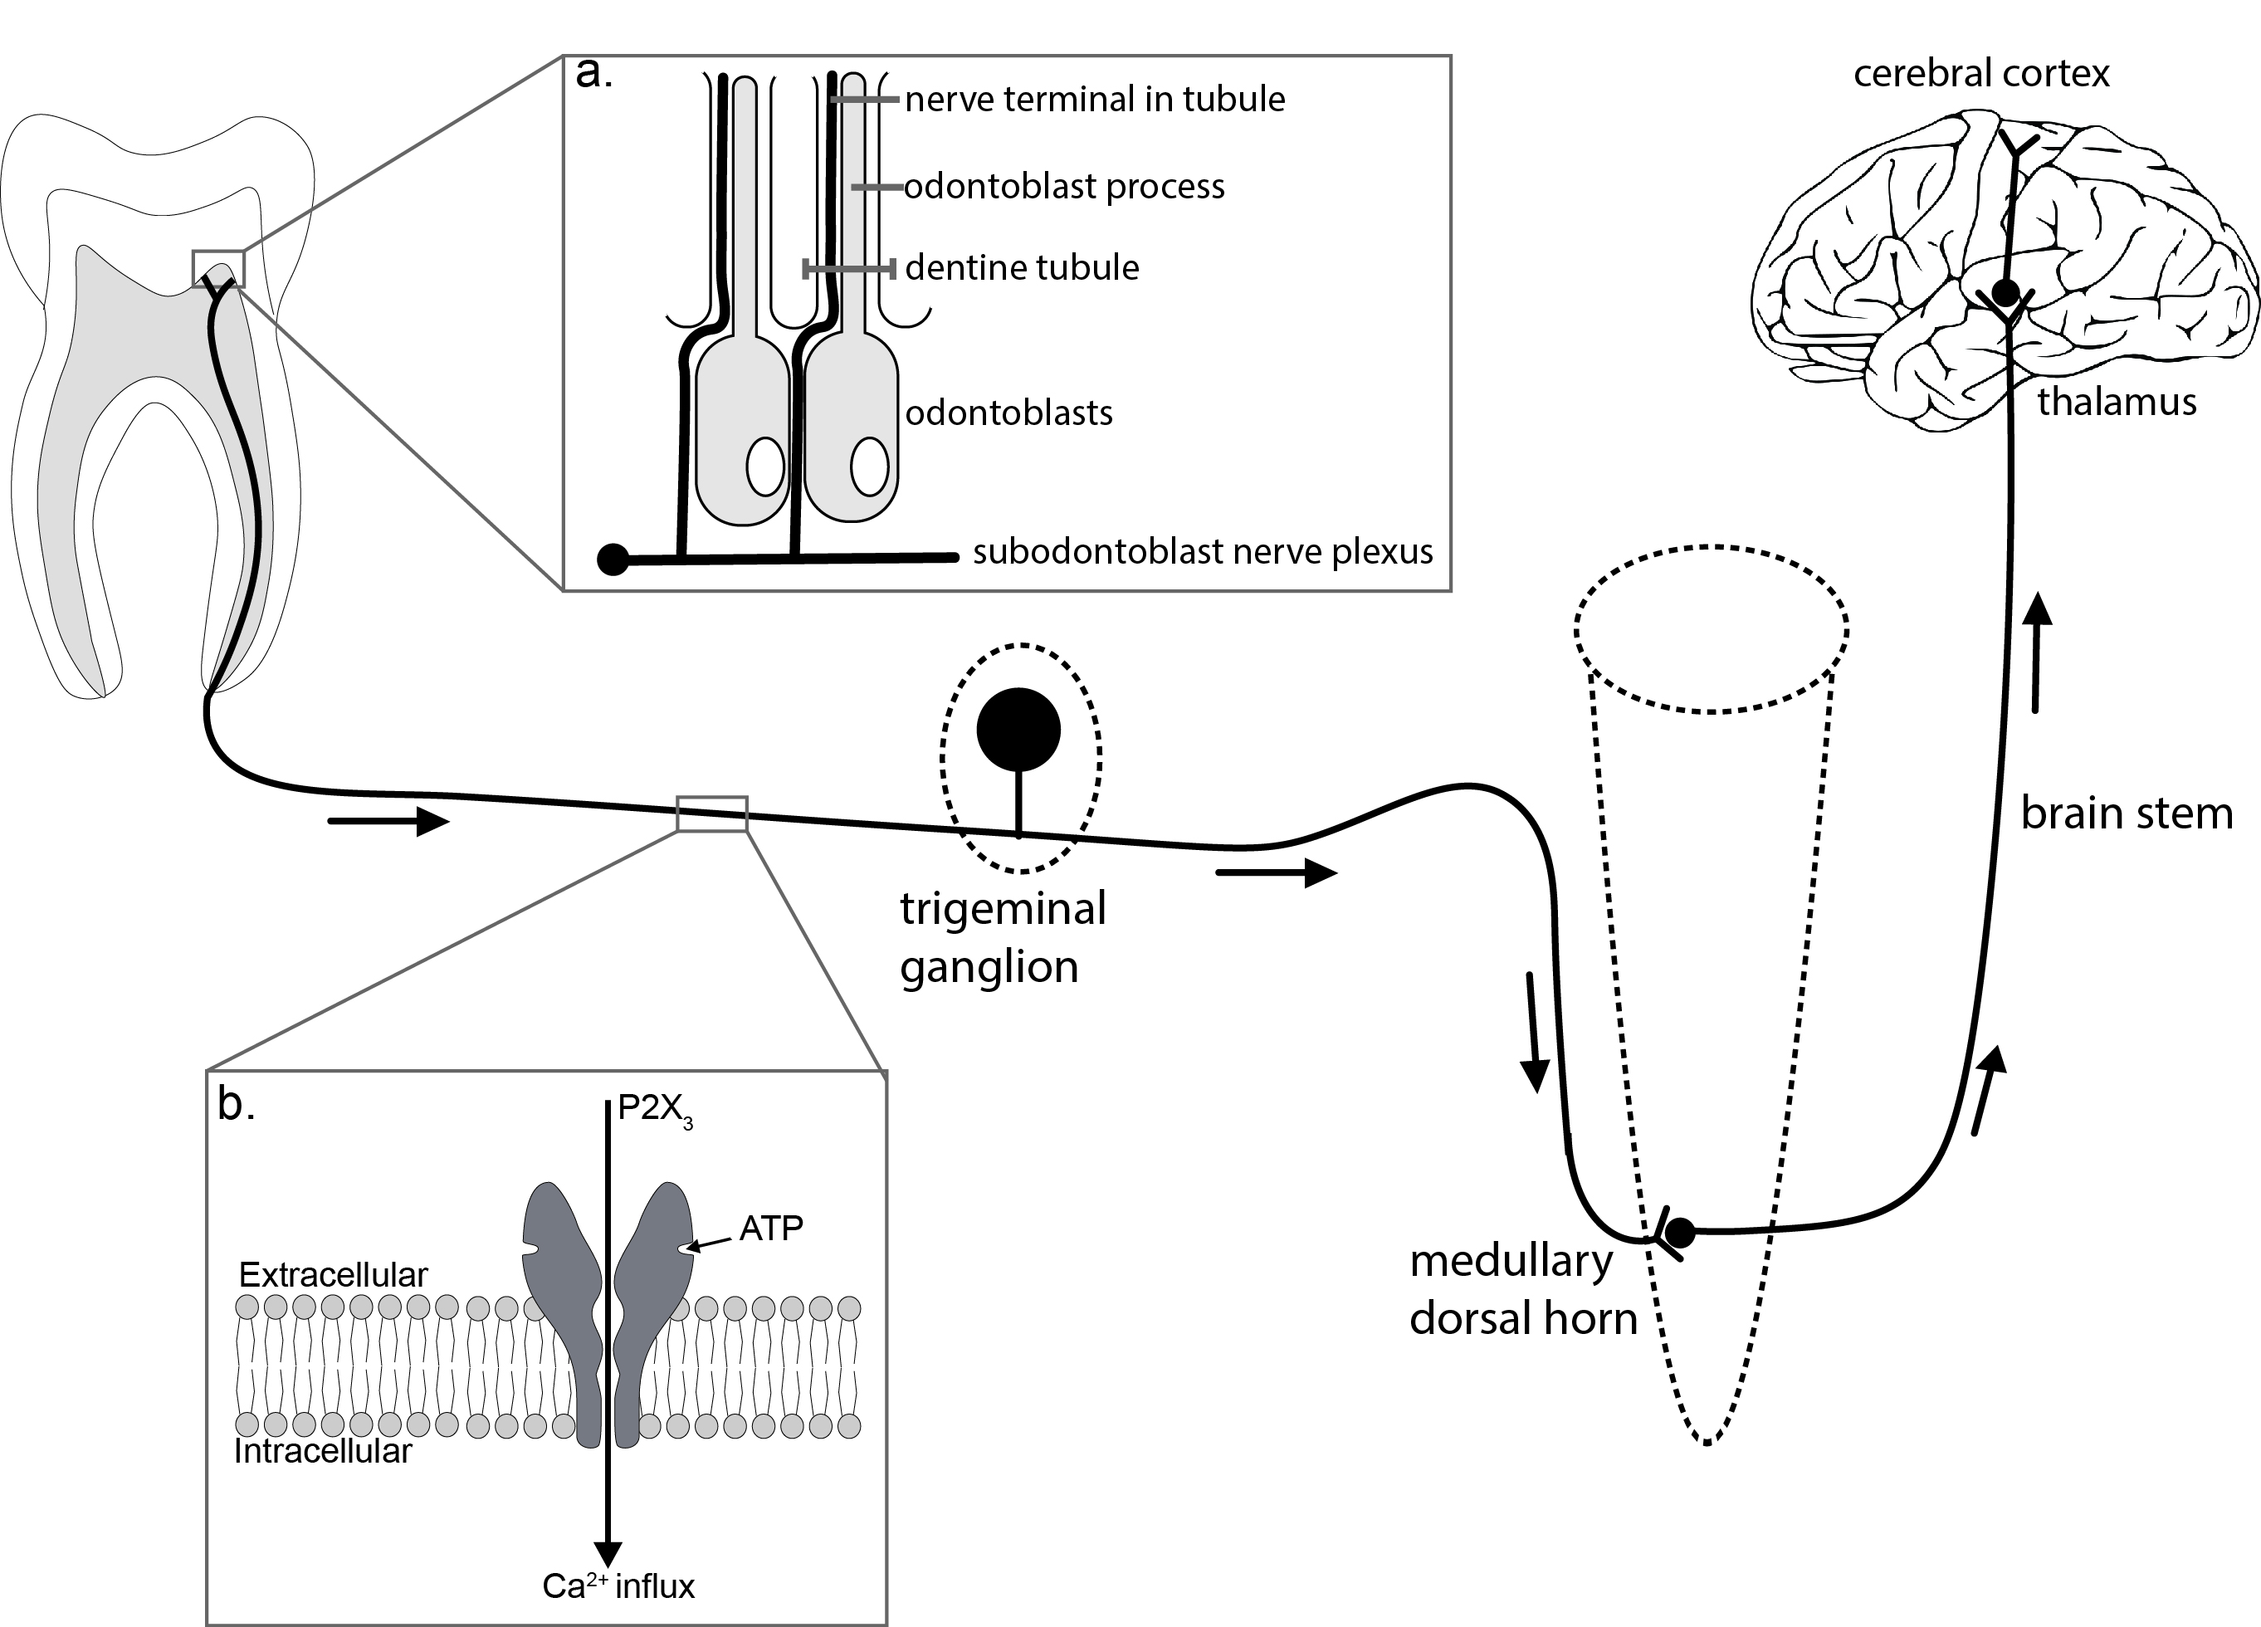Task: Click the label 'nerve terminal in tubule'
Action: coord(1095,100)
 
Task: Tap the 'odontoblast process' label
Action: coord(1064,187)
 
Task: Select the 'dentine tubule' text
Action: coord(1022,267)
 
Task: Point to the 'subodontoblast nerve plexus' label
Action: coord(1202,552)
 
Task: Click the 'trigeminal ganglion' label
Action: coord(1002,937)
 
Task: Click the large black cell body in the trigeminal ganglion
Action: coord(1018,730)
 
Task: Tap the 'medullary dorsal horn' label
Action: coord(1522,1290)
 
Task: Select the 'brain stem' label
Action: coord(2127,813)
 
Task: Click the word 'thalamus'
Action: coord(2117,402)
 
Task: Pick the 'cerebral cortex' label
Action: coord(1981,74)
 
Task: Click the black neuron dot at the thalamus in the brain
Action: coord(2005,293)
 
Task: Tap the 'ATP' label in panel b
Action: coord(770,1229)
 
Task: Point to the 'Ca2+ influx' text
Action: coord(618,1586)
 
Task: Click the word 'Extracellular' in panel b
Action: coord(333,1275)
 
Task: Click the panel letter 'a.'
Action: coord(594,74)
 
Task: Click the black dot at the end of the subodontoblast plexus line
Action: coord(612,559)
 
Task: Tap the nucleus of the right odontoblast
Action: coord(869,467)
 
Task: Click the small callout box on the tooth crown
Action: coord(218,269)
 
